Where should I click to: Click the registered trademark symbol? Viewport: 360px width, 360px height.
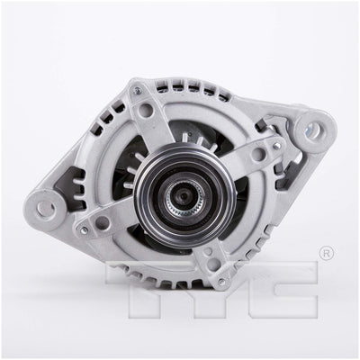point(327,254)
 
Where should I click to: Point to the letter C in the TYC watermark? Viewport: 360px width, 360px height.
point(283,289)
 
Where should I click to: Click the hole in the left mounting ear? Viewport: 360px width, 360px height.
point(46,207)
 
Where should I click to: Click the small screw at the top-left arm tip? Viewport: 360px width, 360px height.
point(138,89)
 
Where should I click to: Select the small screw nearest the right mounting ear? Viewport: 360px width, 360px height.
point(277,146)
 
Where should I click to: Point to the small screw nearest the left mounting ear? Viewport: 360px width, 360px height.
point(84,229)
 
